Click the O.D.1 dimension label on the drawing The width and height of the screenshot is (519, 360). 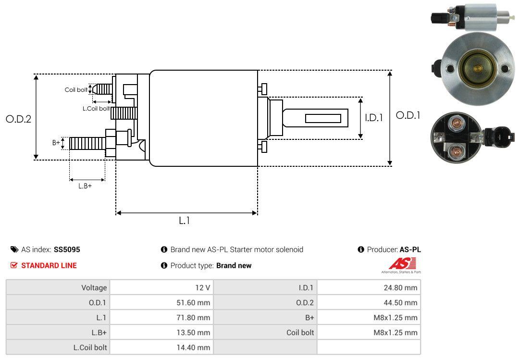click(408, 115)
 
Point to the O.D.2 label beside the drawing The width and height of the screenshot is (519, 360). click(18, 119)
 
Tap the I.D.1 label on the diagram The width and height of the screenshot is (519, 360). click(373, 117)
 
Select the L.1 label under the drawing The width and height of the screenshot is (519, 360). click(185, 221)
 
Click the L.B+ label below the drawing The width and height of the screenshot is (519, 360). click(85, 186)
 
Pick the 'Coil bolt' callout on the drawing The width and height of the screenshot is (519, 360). click(76, 90)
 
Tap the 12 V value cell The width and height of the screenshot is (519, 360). click(202, 288)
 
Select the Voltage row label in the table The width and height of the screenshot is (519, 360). click(94, 288)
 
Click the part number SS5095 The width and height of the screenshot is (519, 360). click(67, 250)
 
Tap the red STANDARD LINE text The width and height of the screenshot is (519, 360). click(49, 265)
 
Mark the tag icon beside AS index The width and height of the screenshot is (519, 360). click(14, 250)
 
